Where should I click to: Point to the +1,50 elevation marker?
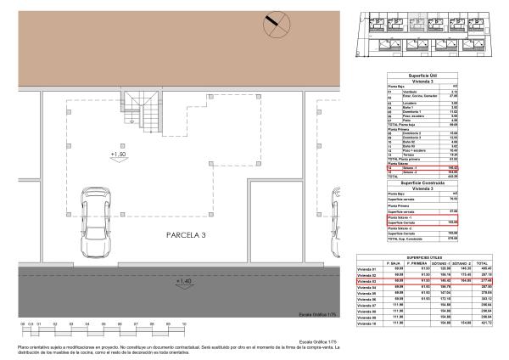tap(118, 155)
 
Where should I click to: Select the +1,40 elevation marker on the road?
tap(182, 280)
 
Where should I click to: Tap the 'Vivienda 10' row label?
tap(366, 322)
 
